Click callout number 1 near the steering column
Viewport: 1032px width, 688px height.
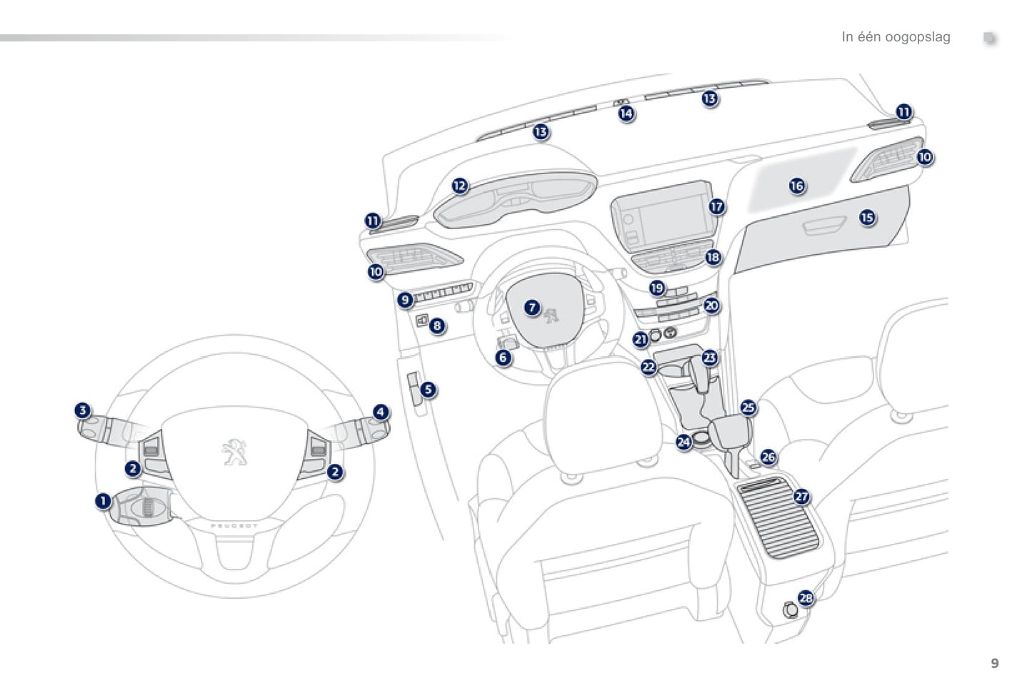(x=104, y=501)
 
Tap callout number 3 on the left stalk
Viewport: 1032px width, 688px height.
(x=83, y=410)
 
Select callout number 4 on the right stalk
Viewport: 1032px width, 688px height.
(x=381, y=412)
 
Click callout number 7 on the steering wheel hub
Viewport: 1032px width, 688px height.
(x=532, y=308)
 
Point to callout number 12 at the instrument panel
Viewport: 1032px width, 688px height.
(x=460, y=186)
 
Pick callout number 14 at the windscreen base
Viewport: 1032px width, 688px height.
(x=626, y=113)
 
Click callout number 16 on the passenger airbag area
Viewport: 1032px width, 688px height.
(x=797, y=186)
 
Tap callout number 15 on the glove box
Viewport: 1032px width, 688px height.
(x=867, y=217)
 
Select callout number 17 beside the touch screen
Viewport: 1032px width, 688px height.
(x=716, y=207)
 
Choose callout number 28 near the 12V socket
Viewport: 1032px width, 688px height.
(x=806, y=598)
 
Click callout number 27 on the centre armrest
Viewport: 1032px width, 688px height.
(x=802, y=497)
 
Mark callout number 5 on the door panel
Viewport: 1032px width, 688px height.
(x=428, y=390)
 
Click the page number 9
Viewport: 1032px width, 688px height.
(x=995, y=664)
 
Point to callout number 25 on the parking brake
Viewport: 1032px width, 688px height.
(x=748, y=408)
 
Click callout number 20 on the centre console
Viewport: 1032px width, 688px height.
(x=711, y=306)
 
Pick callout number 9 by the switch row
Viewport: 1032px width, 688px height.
(x=405, y=300)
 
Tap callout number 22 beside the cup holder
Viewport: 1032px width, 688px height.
(x=648, y=367)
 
